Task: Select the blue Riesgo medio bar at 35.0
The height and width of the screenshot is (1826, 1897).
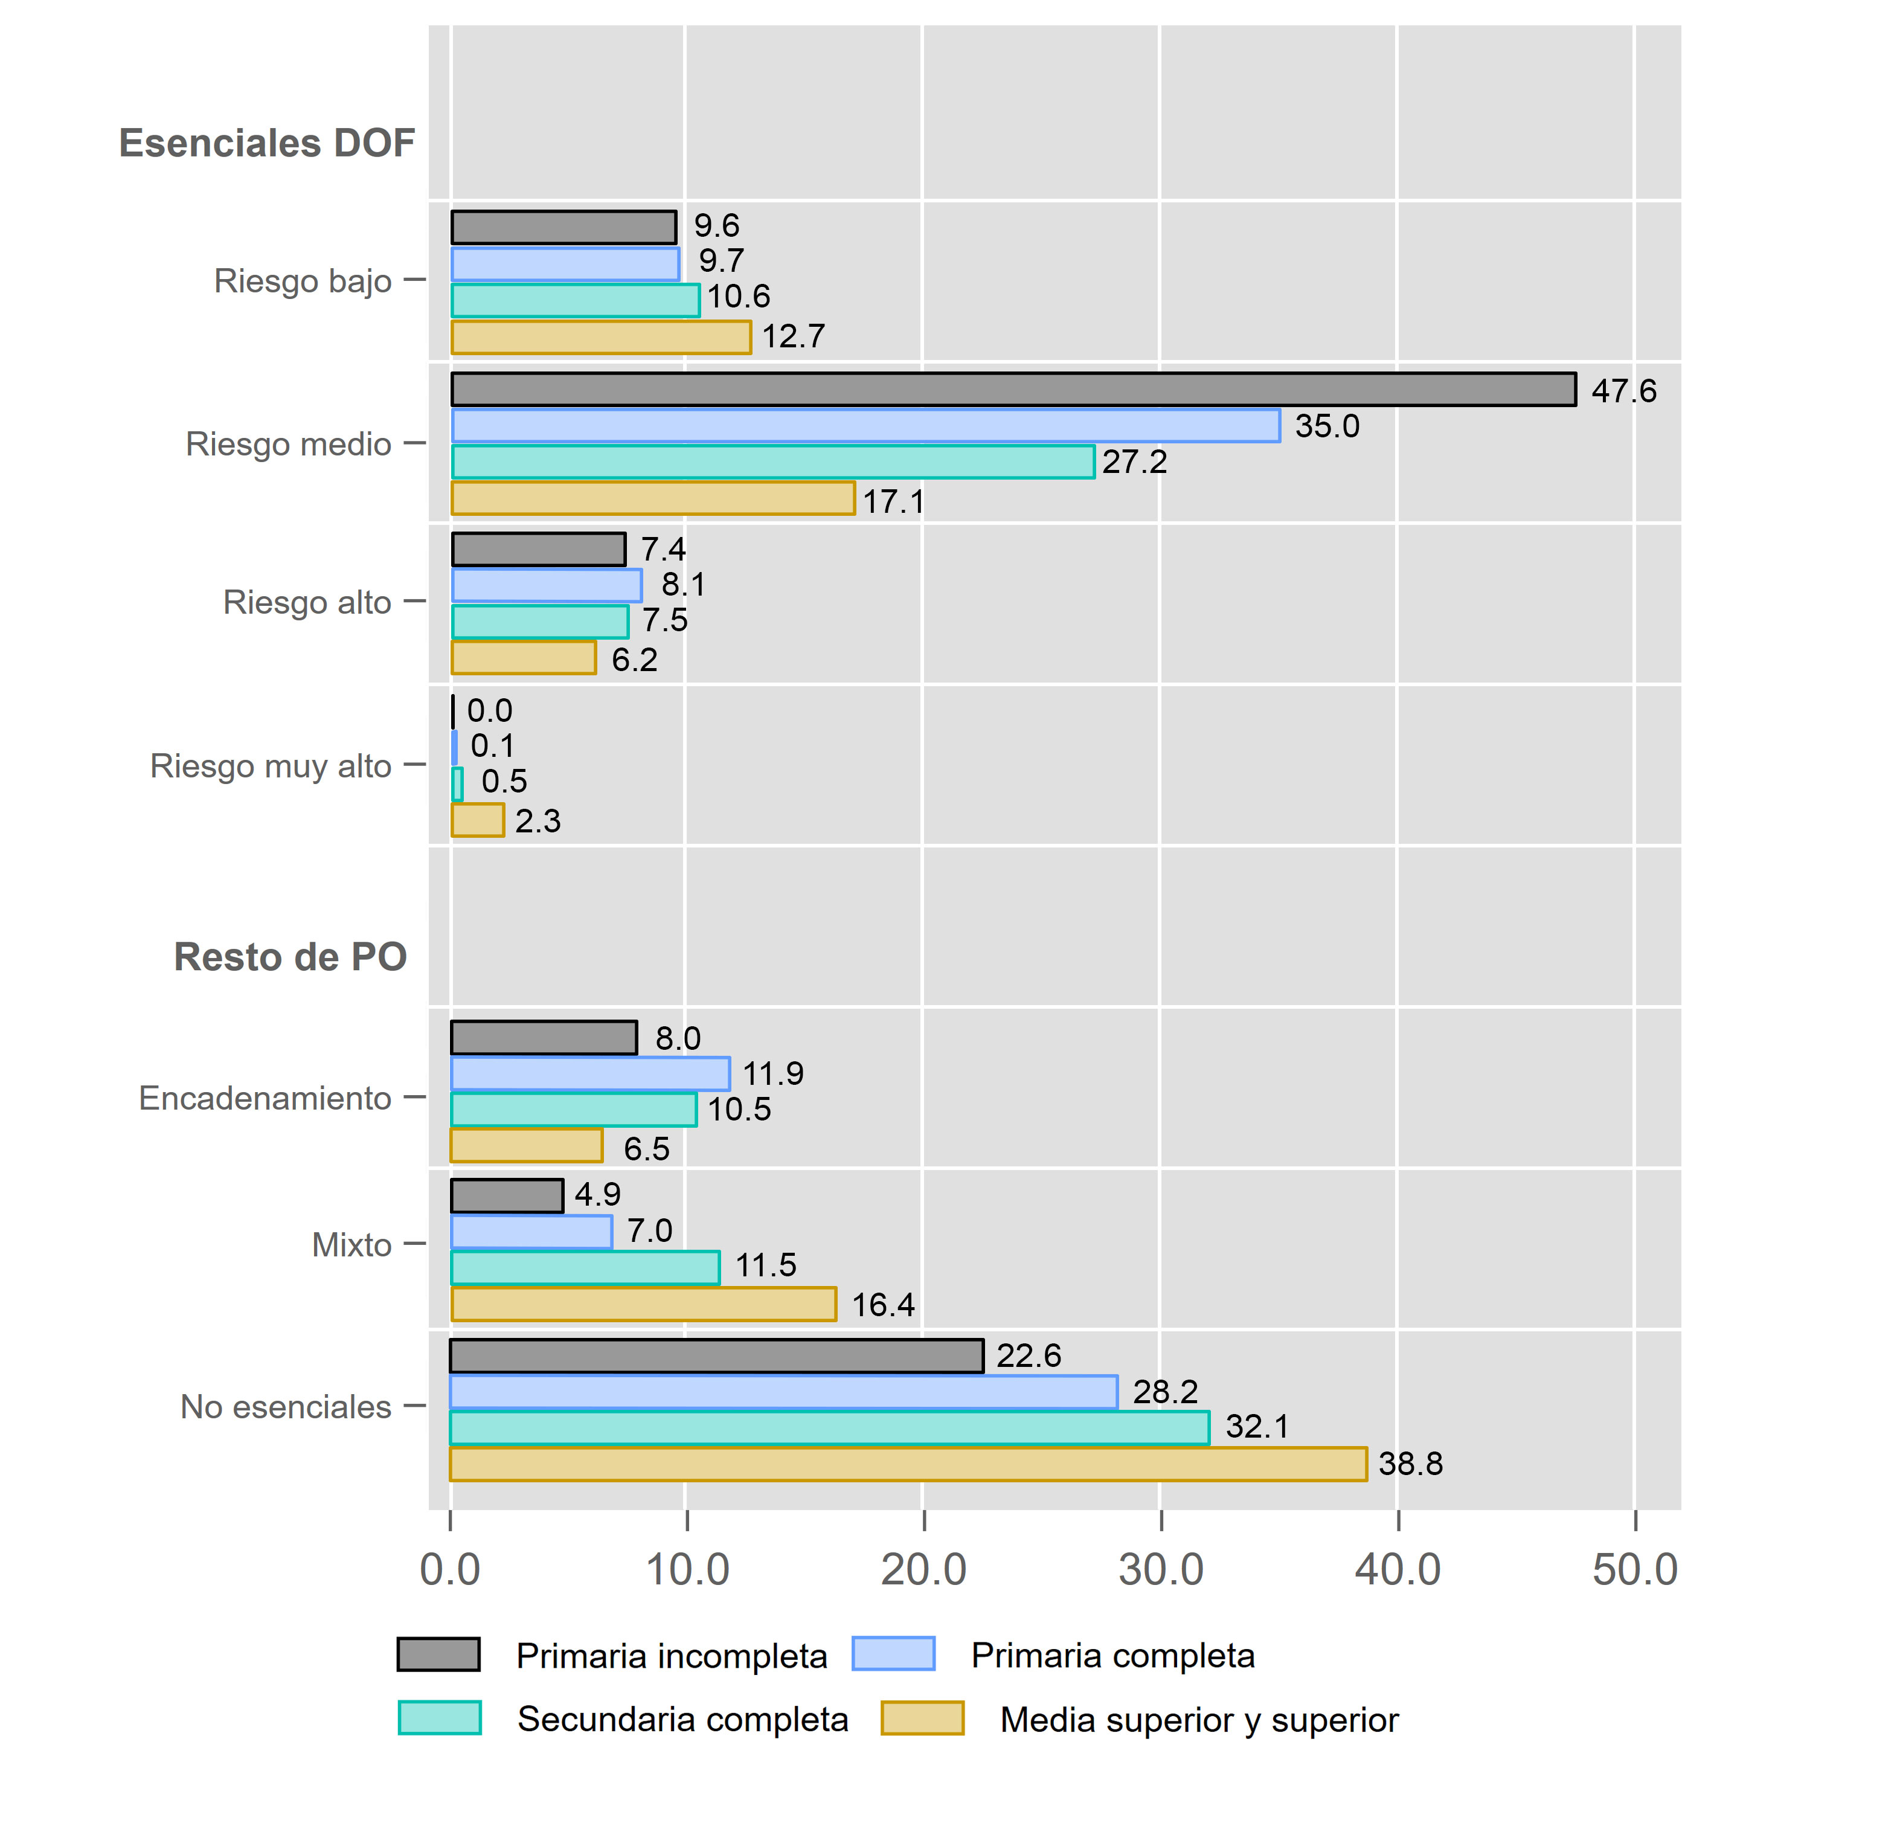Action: click(865, 426)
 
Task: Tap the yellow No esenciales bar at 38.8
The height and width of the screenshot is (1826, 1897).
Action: click(908, 1464)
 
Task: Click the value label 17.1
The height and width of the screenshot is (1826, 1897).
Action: click(893, 501)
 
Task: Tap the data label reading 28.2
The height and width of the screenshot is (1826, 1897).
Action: click(1164, 1391)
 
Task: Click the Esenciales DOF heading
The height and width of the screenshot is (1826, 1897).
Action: click(266, 143)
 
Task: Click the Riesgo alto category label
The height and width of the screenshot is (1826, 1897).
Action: click(307, 602)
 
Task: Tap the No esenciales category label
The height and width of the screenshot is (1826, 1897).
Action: click(286, 1406)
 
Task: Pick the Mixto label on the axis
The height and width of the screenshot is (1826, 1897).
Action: click(351, 1244)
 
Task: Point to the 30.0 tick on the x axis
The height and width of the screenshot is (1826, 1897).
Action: click(1160, 1569)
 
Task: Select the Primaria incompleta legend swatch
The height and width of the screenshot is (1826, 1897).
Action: click(438, 1654)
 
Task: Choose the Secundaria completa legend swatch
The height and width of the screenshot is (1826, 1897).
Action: click(440, 1717)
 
